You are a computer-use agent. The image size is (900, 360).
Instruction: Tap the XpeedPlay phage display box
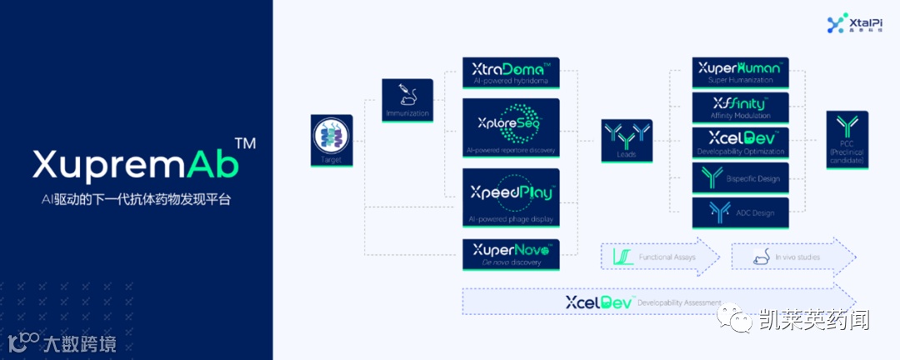point(511,197)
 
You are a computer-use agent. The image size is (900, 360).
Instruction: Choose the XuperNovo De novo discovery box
point(511,254)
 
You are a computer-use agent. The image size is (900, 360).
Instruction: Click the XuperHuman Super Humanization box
point(740,72)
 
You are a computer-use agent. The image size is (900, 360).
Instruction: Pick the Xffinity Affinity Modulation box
point(740,107)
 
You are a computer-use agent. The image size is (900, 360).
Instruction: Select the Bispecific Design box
point(740,178)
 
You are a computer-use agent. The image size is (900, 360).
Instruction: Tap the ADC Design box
point(740,212)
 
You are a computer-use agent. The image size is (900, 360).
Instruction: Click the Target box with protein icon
point(331,138)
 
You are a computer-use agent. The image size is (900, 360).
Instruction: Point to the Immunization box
point(407,100)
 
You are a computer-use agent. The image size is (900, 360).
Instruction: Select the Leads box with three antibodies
point(627,139)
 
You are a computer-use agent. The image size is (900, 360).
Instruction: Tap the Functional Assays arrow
point(659,257)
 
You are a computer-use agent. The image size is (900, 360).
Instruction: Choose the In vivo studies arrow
point(792,257)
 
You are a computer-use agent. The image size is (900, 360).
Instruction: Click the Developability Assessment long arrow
point(658,301)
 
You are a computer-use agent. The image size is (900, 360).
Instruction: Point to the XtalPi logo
point(847,25)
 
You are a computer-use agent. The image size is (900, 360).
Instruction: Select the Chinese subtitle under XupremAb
point(136,201)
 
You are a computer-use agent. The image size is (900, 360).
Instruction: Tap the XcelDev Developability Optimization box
point(740,142)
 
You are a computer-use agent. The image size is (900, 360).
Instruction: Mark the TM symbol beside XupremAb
point(245,144)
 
